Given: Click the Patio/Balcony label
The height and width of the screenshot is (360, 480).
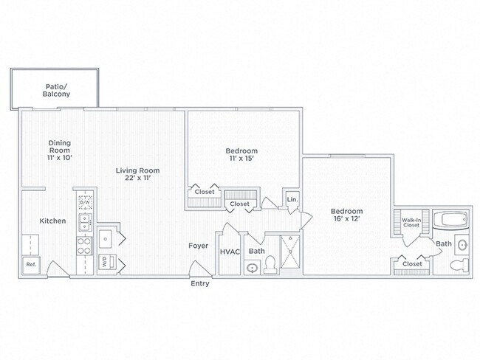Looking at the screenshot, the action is click(x=56, y=90).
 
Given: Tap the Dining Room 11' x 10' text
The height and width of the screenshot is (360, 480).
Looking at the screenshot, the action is click(x=60, y=150).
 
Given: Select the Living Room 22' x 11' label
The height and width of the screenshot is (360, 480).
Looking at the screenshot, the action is click(x=138, y=174).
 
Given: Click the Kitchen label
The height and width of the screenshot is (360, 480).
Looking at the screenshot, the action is click(x=52, y=221).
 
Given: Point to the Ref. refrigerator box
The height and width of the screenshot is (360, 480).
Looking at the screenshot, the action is click(x=32, y=265).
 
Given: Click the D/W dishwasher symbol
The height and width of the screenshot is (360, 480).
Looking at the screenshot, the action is click(x=85, y=202).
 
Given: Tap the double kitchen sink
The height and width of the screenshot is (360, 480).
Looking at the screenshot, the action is click(x=85, y=222).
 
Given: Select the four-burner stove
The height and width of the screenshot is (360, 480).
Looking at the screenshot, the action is click(x=84, y=246).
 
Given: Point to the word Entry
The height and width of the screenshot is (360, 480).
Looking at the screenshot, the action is click(x=200, y=283).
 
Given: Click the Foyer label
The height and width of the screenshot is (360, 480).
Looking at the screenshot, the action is click(x=199, y=246).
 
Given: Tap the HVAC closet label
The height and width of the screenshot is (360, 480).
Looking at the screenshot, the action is click(x=230, y=252).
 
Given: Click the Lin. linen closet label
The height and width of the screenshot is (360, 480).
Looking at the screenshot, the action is click(x=292, y=199).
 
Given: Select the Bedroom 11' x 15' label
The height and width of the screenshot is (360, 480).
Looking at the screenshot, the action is click(x=241, y=154).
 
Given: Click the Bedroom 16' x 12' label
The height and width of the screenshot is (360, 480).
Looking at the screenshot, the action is click(x=347, y=215).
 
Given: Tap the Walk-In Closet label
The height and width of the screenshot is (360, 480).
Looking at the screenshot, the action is click(x=411, y=222).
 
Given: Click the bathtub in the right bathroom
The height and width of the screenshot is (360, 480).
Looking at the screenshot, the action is click(x=451, y=220).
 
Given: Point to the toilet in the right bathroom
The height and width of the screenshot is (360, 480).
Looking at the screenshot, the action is click(x=460, y=265).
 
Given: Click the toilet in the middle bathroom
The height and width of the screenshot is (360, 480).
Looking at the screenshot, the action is click(x=270, y=265).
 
